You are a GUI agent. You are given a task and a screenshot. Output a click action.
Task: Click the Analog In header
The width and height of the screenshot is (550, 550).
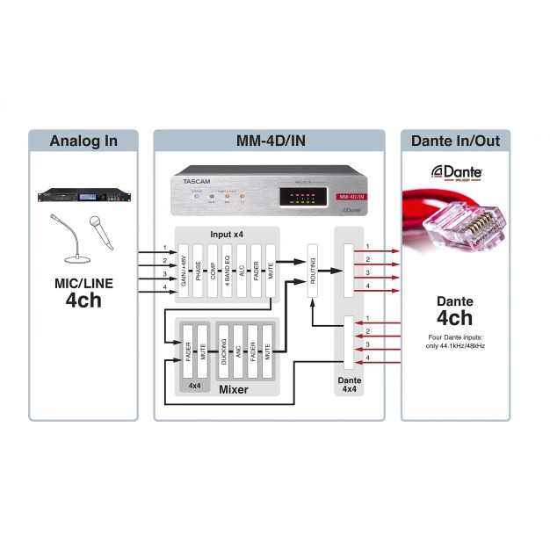point(83,141)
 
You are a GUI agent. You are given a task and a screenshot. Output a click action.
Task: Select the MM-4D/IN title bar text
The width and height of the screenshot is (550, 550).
point(269,141)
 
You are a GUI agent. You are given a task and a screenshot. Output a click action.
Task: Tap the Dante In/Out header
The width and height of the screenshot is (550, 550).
point(455,141)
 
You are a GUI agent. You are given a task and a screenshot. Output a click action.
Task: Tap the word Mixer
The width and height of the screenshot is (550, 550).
point(233,388)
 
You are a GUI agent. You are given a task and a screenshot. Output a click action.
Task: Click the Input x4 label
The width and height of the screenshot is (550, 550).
point(228,234)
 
